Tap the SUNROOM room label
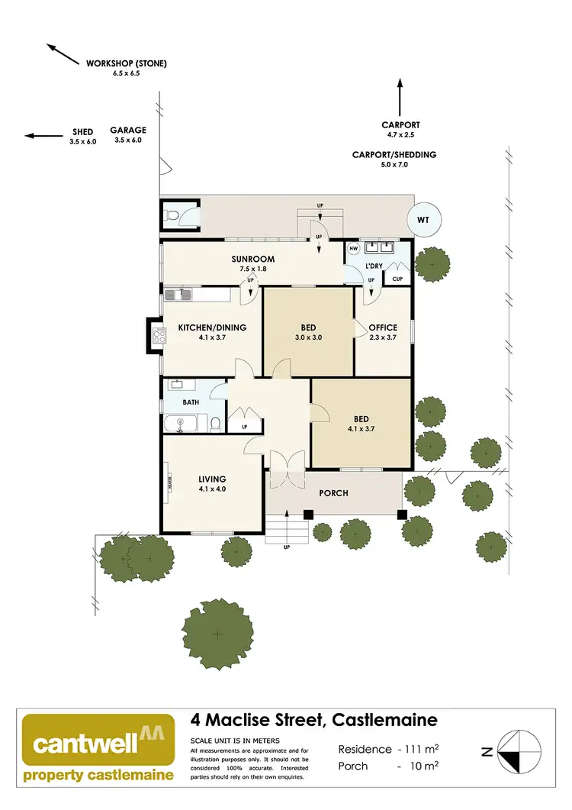[253, 260]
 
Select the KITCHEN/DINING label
[212, 328]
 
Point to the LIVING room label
[212, 479]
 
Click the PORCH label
[333, 493]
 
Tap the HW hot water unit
[353, 249]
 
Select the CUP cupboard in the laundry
[397, 279]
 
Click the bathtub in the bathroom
[183, 423]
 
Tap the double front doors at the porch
[288, 467]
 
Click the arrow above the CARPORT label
[400, 95]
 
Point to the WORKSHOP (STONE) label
[127, 63]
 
